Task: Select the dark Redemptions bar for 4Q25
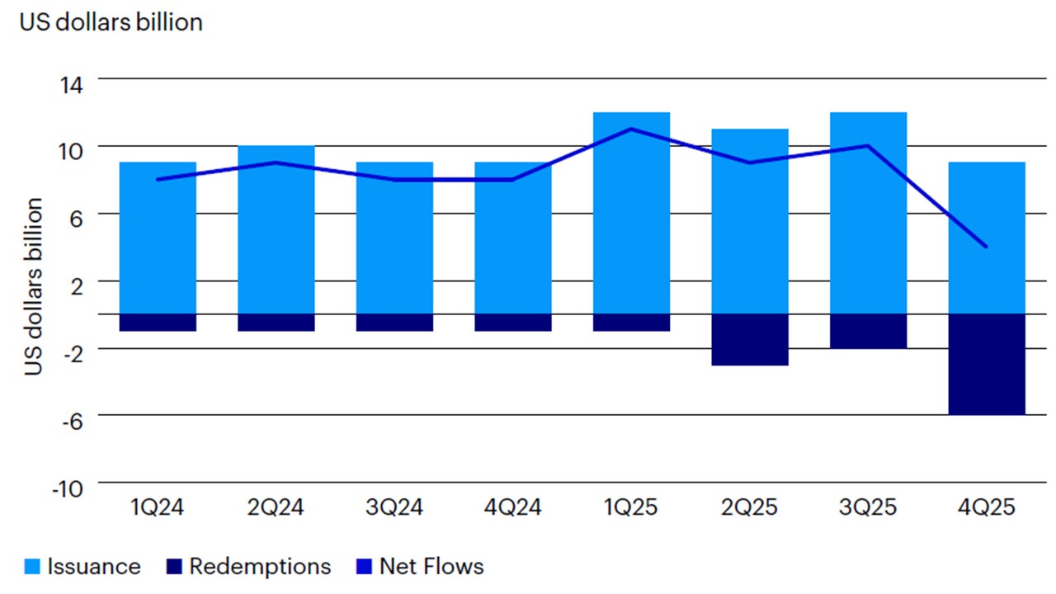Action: (x=987, y=364)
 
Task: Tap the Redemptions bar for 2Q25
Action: (x=750, y=339)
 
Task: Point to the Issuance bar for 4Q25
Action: (x=987, y=280)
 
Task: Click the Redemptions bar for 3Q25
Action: (x=868, y=331)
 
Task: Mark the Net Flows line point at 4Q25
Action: (x=987, y=246)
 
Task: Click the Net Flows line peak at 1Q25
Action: (x=631, y=129)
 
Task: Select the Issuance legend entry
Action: (x=82, y=567)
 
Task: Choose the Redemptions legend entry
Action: (x=248, y=567)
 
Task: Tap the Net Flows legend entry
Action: (x=420, y=567)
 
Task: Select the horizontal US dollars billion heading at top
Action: (x=111, y=22)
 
